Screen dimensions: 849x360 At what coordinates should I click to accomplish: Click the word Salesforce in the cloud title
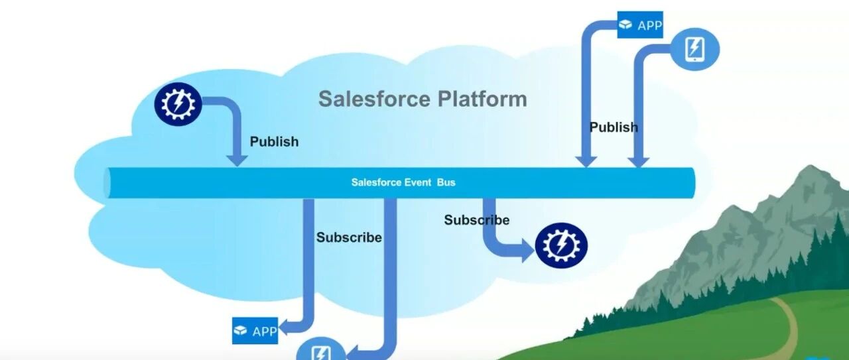[x=375, y=99]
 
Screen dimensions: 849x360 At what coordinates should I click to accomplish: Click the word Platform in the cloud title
[x=482, y=99]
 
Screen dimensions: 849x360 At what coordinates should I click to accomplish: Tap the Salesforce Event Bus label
[x=403, y=182]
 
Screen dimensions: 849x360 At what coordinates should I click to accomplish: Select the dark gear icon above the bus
[x=178, y=104]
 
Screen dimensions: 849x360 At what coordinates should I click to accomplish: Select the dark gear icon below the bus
[x=561, y=245]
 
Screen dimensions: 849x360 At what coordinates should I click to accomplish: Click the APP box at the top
[x=640, y=25]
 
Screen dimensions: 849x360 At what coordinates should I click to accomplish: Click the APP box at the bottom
[x=255, y=331]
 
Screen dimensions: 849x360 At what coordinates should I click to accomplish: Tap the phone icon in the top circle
[x=694, y=49]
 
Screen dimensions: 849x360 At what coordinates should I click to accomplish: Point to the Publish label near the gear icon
[x=274, y=142]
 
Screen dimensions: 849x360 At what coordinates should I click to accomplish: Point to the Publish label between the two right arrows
[x=614, y=127]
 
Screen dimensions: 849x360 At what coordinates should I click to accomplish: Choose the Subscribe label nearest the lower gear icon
[x=477, y=220]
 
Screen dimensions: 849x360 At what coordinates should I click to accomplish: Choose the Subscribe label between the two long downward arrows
[x=349, y=237]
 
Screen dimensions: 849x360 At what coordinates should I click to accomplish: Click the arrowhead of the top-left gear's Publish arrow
[x=237, y=160]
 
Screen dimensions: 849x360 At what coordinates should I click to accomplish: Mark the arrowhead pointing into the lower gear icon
[x=529, y=251]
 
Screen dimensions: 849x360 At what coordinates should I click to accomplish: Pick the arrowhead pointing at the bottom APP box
[x=283, y=327]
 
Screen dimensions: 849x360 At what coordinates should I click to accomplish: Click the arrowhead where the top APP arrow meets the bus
[x=586, y=161]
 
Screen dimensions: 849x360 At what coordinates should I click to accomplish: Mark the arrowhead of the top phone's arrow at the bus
[x=638, y=162]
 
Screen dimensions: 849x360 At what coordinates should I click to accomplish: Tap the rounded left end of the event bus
[x=107, y=183]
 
